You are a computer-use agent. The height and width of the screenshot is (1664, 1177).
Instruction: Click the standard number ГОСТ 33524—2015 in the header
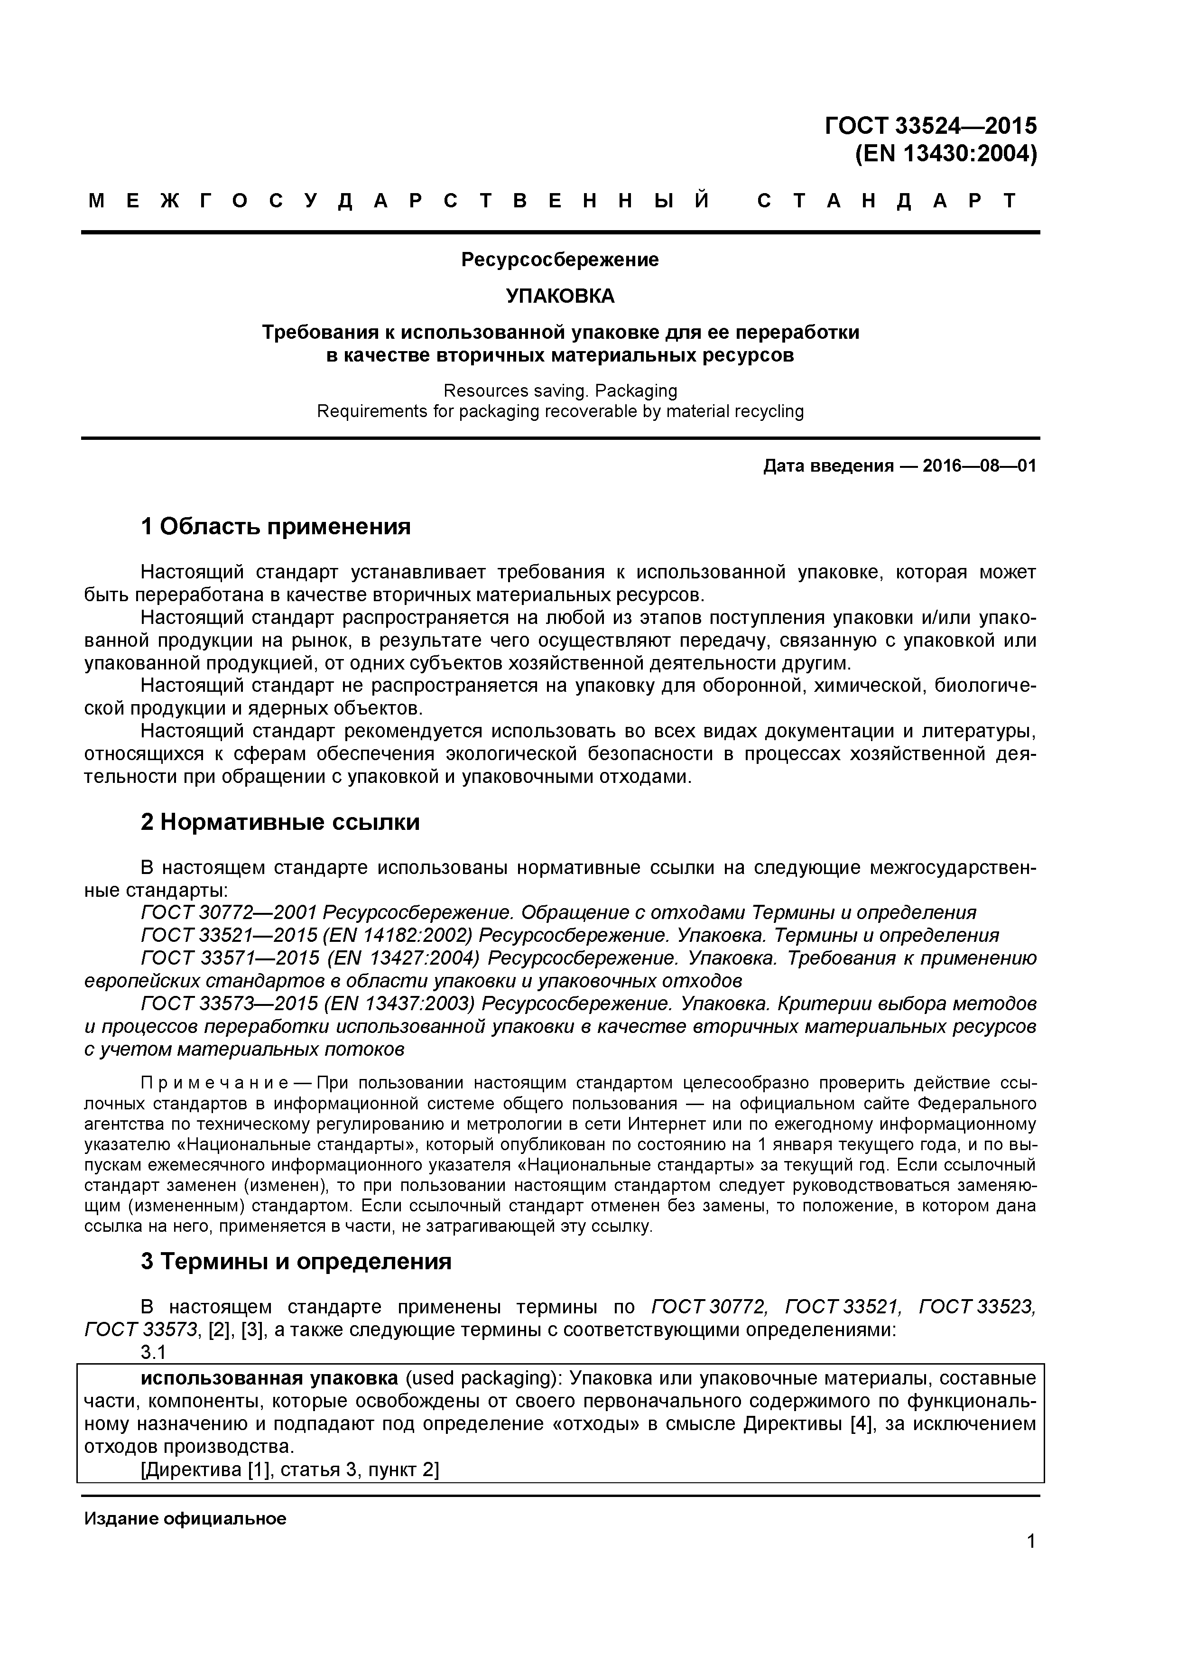(931, 126)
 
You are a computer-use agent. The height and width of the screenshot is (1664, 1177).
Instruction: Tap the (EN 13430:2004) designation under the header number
(946, 154)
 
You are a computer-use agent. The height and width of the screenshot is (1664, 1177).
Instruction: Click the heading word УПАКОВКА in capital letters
(559, 296)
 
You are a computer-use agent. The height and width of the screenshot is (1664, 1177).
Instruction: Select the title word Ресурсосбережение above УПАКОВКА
(559, 260)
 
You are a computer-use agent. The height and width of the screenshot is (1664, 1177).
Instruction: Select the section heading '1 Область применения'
(276, 526)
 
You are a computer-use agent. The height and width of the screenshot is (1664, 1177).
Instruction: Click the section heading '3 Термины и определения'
(296, 1261)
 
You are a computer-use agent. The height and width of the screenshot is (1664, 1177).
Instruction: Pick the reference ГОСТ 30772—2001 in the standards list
(229, 912)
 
